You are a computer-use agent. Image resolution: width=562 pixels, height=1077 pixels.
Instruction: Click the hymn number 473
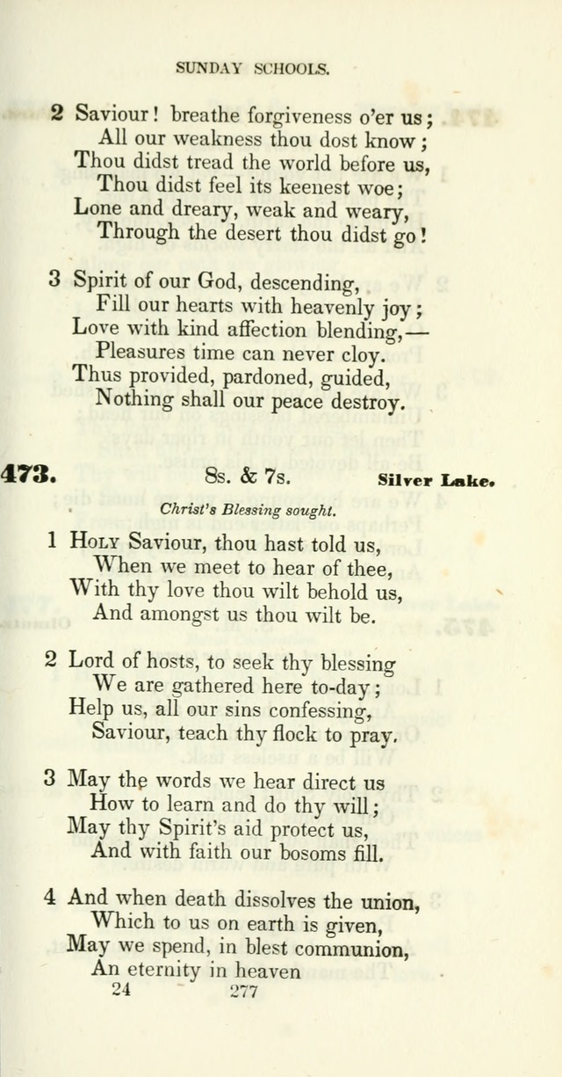coord(28,476)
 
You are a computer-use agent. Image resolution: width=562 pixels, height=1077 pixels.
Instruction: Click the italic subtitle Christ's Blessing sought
coord(249,509)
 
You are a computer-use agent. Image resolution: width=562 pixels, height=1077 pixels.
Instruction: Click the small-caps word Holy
coord(95,541)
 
